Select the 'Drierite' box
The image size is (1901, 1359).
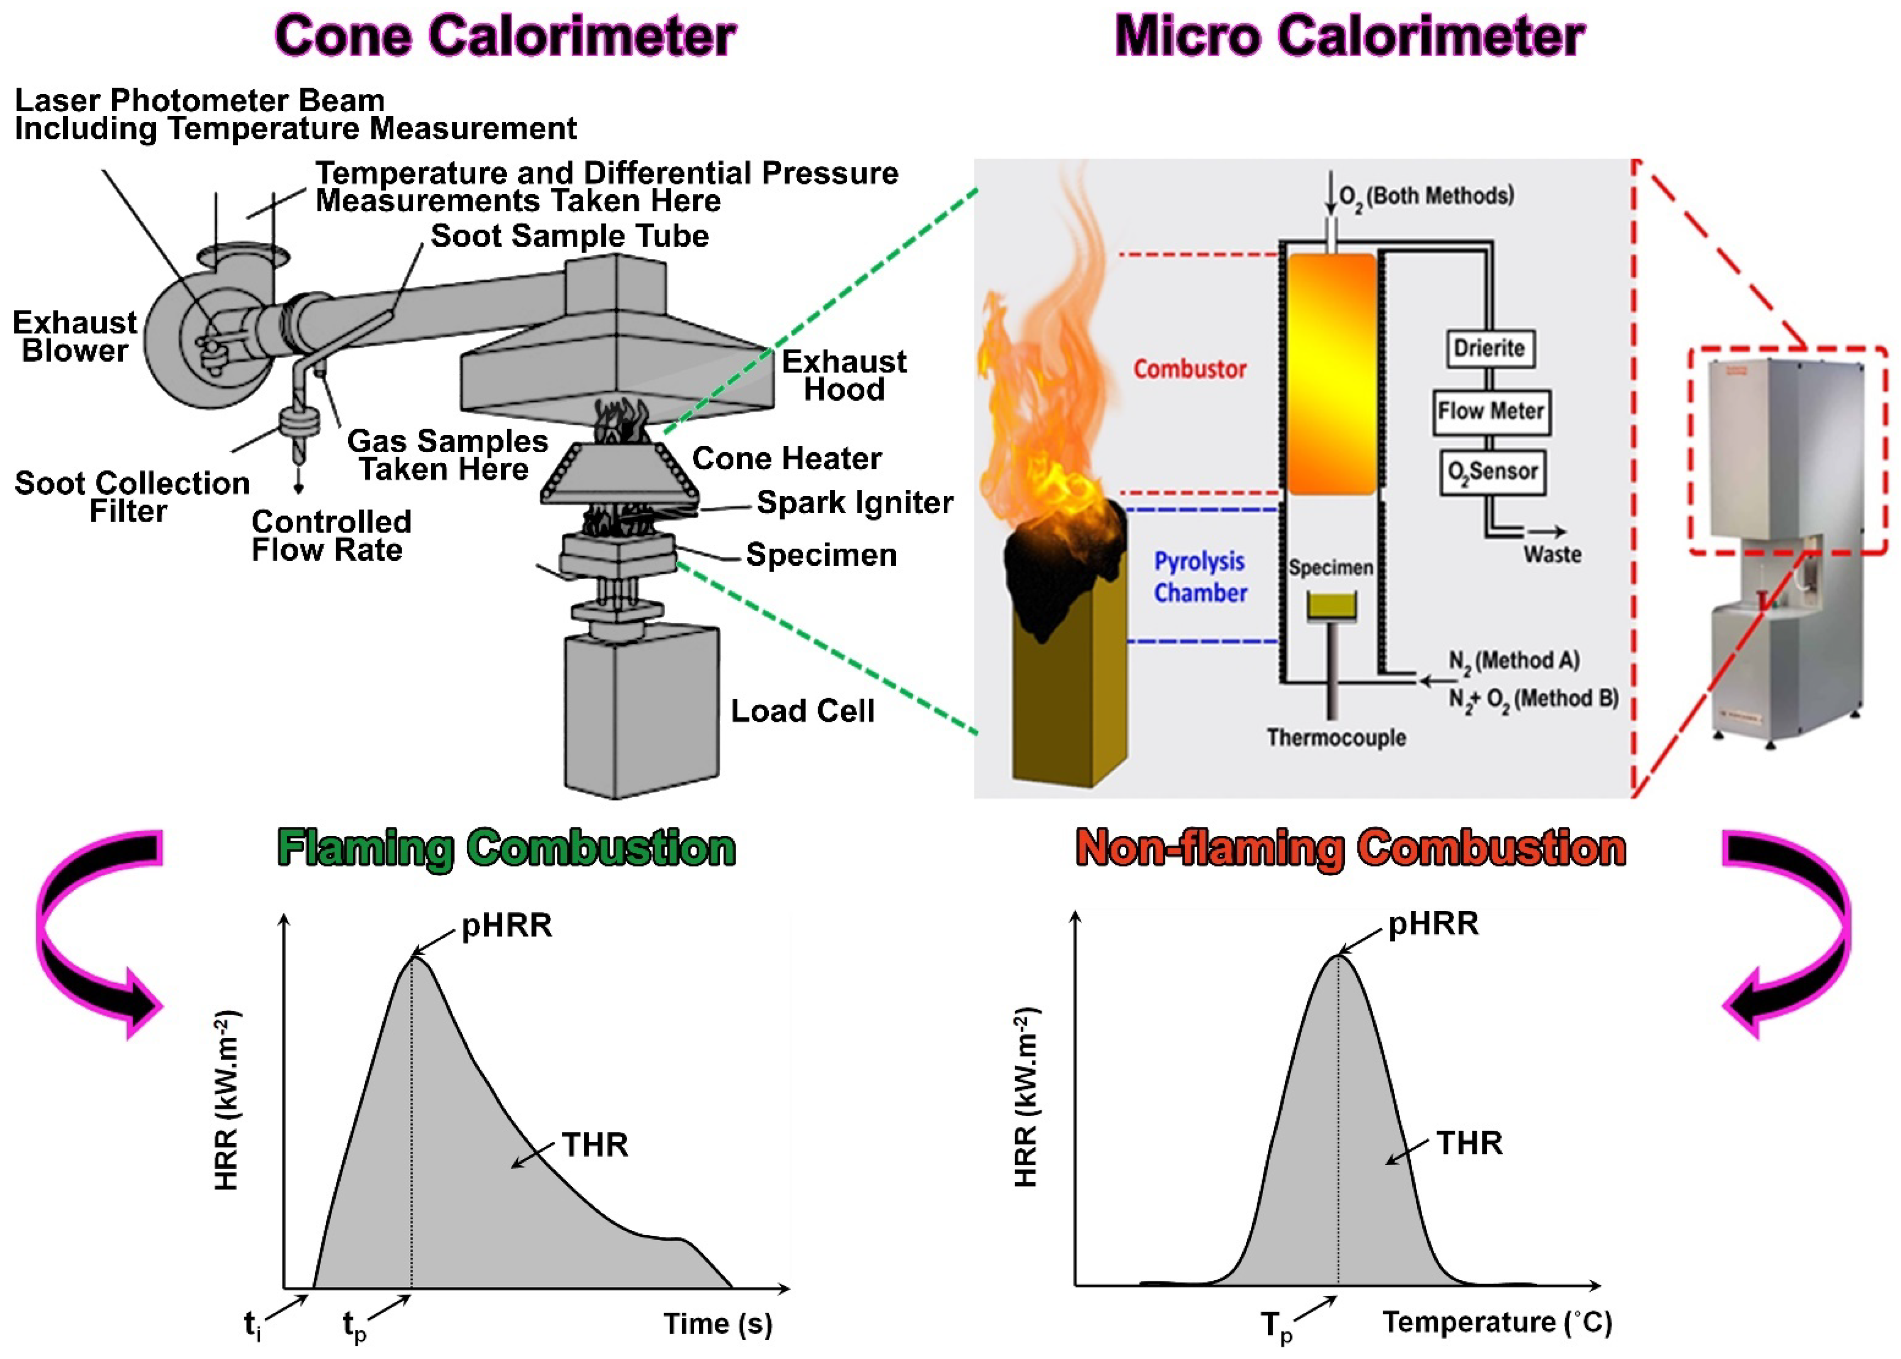[x=1490, y=348]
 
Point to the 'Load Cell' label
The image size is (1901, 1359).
[x=802, y=711]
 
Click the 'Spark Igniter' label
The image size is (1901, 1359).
[x=854, y=503]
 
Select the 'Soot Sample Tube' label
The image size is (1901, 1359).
[x=569, y=236]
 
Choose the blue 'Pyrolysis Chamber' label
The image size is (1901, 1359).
[x=1200, y=577]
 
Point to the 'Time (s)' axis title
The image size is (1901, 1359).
[x=718, y=1324]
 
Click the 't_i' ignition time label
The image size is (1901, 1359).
[x=252, y=1325]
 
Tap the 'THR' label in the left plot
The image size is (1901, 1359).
[x=594, y=1145]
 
